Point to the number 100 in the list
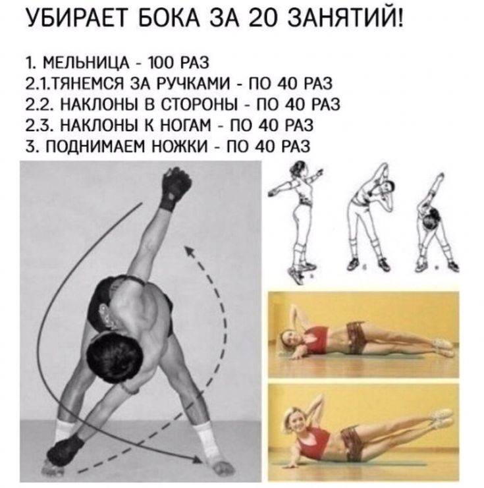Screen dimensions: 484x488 tap(161, 63)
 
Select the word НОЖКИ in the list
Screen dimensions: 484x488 tap(178, 146)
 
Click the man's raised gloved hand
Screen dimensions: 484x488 tap(175, 188)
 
